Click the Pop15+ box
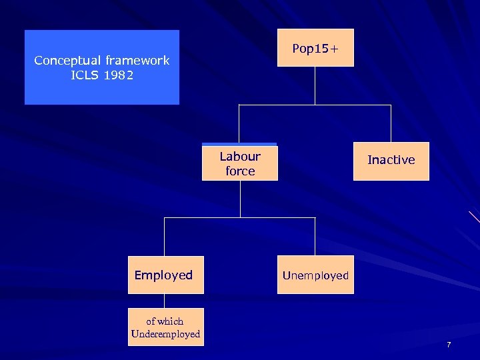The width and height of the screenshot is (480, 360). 315,48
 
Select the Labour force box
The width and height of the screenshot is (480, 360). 240,163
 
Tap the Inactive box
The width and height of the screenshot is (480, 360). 391,161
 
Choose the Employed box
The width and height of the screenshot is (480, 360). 165,275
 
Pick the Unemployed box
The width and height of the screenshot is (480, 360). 315,275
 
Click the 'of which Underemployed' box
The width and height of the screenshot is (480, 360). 165,327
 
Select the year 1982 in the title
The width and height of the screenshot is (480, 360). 119,75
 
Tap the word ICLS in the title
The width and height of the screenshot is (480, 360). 85,75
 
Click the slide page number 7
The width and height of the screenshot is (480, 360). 449,345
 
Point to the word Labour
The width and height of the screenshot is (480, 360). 240,157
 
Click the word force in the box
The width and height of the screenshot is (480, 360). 240,171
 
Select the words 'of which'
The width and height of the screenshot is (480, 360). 165,321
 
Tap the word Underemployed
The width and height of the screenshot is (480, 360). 165,334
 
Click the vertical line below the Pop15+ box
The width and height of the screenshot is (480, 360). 315,85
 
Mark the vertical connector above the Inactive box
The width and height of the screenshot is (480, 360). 391,123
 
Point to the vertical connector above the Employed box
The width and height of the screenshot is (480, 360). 165,237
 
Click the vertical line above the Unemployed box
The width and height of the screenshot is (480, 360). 315,237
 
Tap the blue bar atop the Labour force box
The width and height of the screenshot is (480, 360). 240,144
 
